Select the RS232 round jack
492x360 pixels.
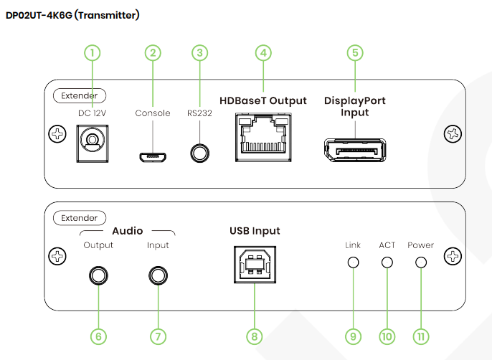click(200, 153)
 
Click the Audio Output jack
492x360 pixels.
click(98, 275)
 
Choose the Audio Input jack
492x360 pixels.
click(157, 275)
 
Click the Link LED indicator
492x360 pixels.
click(352, 262)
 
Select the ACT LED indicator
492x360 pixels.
click(387, 262)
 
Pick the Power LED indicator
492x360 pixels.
click(421, 262)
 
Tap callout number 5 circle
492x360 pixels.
click(354, 52)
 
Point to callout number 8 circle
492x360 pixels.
click(254, 336)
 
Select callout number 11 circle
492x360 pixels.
click(421, 336)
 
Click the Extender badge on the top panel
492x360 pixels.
click(80, 95)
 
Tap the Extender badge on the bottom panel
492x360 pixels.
click(80, 217)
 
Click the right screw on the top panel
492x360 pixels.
click(452, 133)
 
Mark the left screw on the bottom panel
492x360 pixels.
click(56, 256)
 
